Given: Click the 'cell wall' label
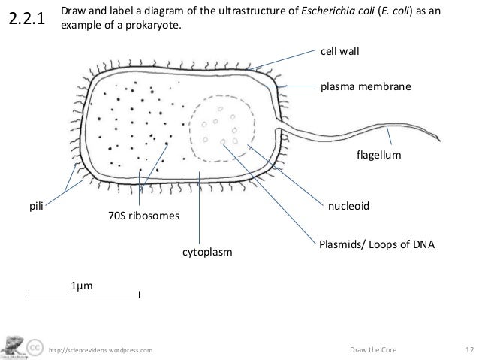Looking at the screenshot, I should click(339, 51).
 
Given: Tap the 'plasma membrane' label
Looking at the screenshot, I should click(366, 87).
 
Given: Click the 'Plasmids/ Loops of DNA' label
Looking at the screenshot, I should click(378, 245).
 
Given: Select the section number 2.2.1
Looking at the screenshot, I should click(27, 20).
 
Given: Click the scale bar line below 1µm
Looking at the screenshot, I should click(83, 296).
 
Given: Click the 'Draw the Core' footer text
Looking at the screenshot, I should click(375, 350).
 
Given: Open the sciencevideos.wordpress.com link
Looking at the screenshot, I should click(100, 350).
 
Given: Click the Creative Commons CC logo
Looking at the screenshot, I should click(34, 348).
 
